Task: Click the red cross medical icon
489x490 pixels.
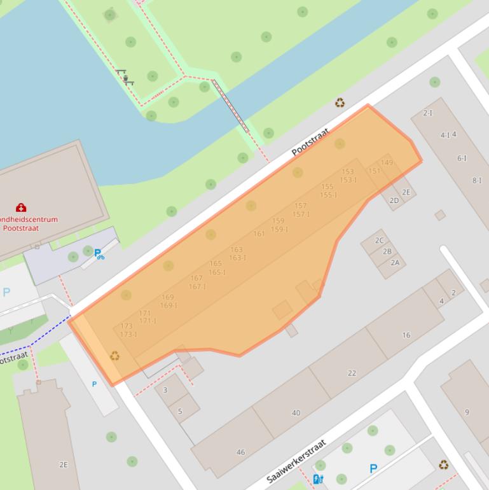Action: click(21, 207)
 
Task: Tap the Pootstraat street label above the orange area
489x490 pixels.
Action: click(310, 142)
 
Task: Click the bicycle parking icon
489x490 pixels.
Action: click(99, 255)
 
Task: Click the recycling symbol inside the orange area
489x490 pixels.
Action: click(114, 356)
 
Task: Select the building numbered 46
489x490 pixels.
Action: click(240, 452)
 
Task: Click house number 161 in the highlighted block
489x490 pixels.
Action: click(259, 234)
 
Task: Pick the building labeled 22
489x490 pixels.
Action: click(352, 373)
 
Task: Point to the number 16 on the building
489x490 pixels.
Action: click(406, 335)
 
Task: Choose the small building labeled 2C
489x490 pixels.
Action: click(380, 241)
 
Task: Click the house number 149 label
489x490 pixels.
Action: click(387, 163)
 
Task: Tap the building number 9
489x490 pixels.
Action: click(467, 412)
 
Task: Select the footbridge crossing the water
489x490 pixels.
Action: click(230, 106)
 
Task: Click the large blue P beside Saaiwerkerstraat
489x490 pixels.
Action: click(373, 469)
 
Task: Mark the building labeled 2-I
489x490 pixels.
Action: click(427, 113)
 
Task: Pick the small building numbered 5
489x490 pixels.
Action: click(180, 411)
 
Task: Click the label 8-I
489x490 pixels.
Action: click(477, 181)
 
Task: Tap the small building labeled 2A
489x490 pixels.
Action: click(395, 262)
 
